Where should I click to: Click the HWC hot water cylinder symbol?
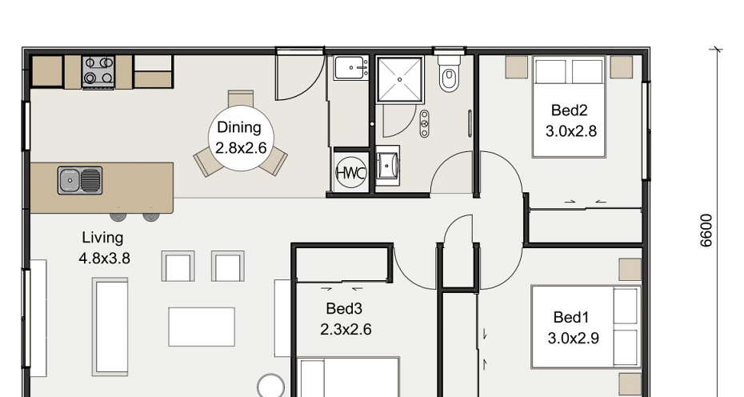tap(351, 172)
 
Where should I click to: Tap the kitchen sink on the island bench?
tap(80, 180)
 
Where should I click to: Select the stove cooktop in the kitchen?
tap(98, 70)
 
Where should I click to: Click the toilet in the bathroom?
tap(448, 73)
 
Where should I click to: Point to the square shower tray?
tap(400, 79)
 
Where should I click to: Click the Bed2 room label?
tap(570, 110)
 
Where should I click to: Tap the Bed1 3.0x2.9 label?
tap(573, 327)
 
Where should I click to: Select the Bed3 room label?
tap(344, 309)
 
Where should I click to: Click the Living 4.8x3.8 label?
tap(104, 248)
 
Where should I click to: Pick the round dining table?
tap(241, 138)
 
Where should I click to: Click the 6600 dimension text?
tap(706, 231)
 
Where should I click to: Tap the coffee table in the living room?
tap(202, 327)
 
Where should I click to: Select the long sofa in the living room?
tap(110, 327)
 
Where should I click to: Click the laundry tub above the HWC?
tap(351, 68)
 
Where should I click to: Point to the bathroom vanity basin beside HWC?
tap(388, 165)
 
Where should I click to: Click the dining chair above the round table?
tap(241, 98)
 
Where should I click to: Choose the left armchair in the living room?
tap(178, 266)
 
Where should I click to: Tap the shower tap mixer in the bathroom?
tap(425, 124)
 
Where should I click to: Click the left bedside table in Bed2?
tap(516, 67)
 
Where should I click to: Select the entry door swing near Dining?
tap(300, 77)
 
